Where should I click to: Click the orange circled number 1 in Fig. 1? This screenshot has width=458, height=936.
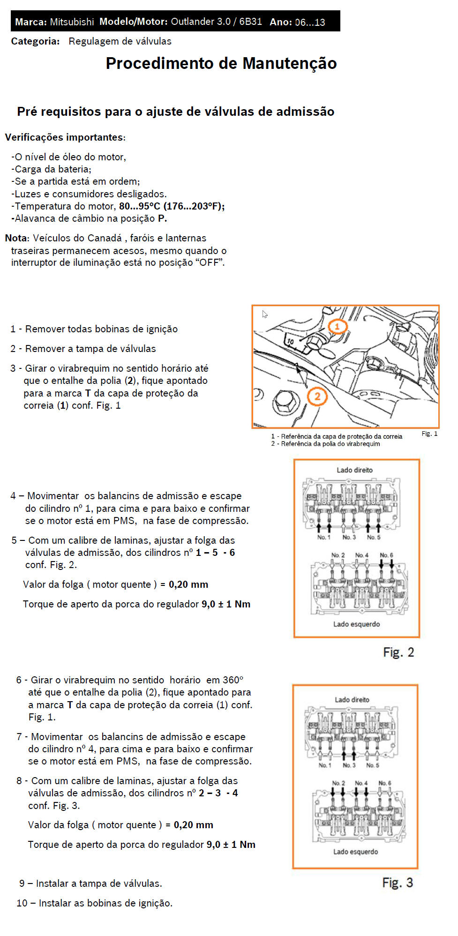tap(338, 326)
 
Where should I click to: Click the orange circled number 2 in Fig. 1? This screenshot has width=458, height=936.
tap(317, 397)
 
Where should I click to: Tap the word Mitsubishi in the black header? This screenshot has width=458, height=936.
tap(72, 22)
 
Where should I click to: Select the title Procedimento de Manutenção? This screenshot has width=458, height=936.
tap(221, 63)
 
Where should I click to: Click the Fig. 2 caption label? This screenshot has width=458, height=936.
tap(398, 652)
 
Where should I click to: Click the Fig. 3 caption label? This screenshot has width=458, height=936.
tap(398, 883)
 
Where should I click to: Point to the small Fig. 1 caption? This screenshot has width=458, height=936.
tap(429, 434)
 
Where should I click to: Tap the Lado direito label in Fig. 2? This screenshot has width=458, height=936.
tap(355, 470)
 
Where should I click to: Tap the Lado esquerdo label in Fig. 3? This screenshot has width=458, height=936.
tap(355, 852)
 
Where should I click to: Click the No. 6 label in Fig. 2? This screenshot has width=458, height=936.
tap(386, 555)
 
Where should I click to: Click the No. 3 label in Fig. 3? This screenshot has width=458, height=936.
tap(349, 765)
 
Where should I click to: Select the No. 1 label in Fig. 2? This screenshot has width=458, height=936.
tap(323, 537)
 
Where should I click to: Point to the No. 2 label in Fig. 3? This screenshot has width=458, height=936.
tap(338, 783)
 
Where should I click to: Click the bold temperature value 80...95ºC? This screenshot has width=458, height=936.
tap(140, 206)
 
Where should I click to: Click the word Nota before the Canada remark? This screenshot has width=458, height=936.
tap(17, 238)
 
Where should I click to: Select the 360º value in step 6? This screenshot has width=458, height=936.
tap(233, 680)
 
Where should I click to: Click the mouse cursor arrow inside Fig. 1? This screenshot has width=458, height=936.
tap(265, 314)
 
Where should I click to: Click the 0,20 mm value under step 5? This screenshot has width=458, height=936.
tap(188, 584)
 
